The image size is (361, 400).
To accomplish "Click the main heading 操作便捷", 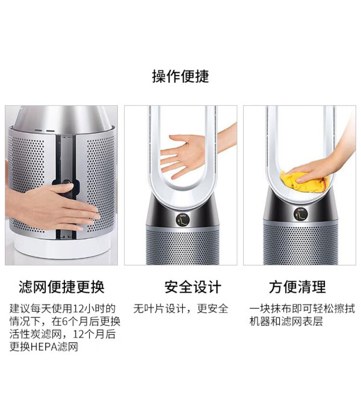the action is point(180,76).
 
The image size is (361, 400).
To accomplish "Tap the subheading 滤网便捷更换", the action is point(61,287).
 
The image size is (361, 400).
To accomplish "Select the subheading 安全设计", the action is point(193,287).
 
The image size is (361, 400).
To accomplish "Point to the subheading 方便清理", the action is point(297,287).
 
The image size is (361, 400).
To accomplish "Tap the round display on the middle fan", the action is point(183,219).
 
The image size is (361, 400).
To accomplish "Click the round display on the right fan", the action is point(300,214).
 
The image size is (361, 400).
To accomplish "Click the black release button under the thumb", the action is point(66,187).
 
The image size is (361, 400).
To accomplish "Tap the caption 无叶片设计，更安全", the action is point(181,309).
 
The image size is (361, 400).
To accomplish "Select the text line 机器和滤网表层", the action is point(286,321).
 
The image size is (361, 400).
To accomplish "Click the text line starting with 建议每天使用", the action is point(63,309).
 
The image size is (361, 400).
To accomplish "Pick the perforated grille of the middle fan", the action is point(183,246).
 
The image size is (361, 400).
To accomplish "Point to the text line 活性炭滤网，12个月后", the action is point(63,334).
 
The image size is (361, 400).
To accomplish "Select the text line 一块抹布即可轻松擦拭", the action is point(302,309).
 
